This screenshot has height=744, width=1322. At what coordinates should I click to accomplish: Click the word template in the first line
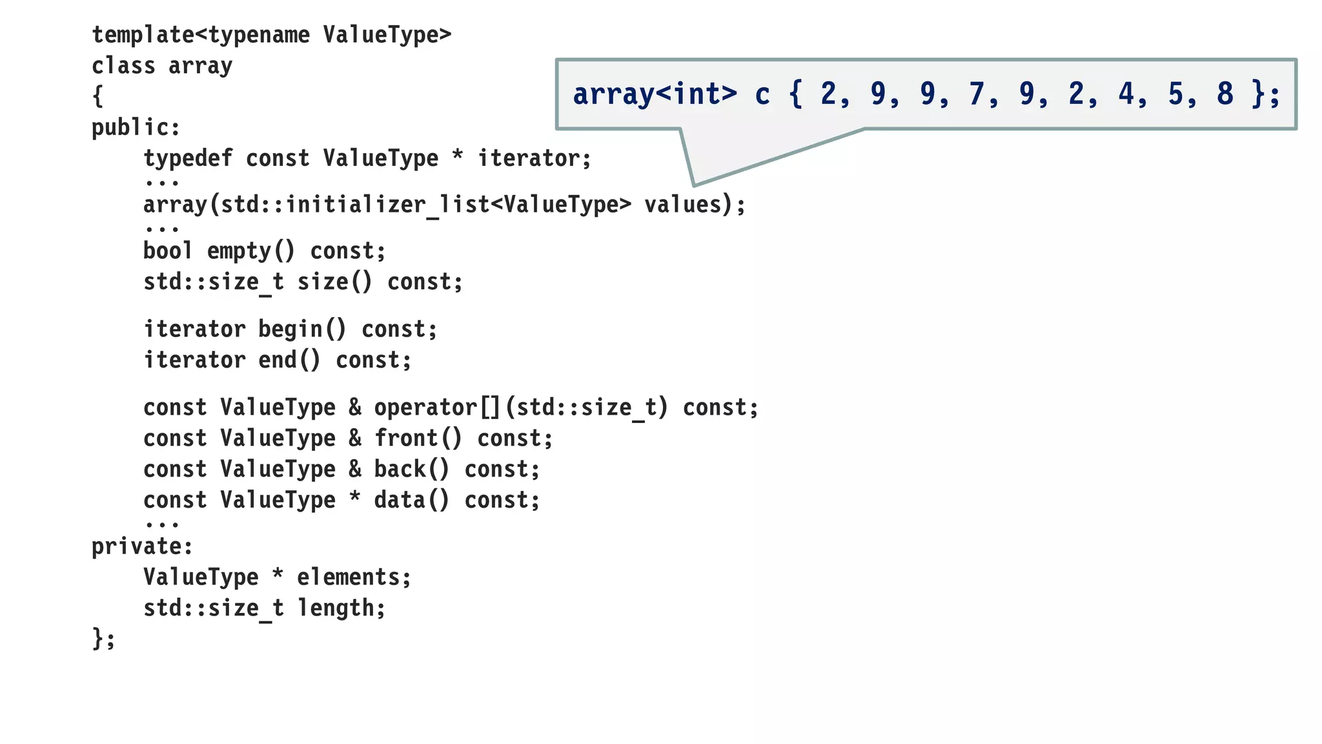click(x=143, y=35)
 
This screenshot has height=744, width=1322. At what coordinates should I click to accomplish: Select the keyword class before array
click(x=123, y=66)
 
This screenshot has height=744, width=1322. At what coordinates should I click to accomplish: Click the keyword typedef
click(x=187, y=159)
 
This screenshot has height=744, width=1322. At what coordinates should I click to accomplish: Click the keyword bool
click(x=168, y=251)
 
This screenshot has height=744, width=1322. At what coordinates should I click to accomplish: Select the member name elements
click(x=349, y=577)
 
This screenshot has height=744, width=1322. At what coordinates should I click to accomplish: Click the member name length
click(x=336, y=608)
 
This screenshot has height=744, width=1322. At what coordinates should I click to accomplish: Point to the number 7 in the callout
click(x=976, y=94)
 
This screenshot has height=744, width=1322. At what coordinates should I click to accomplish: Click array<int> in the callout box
click(x=655, y=94)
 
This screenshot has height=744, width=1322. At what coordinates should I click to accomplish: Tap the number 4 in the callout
click(x=1126, y=94)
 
